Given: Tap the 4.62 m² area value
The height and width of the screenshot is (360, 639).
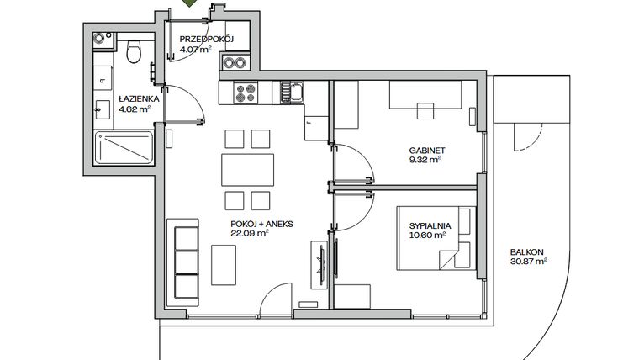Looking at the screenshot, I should (134, 109).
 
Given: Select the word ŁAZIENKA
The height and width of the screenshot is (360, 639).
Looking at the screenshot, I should (135, 98).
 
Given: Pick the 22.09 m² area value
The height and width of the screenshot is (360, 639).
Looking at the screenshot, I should (250, 234).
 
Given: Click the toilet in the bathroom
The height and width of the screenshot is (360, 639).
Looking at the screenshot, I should (132, 54).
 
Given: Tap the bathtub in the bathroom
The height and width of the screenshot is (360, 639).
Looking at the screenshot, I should (123, 150).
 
